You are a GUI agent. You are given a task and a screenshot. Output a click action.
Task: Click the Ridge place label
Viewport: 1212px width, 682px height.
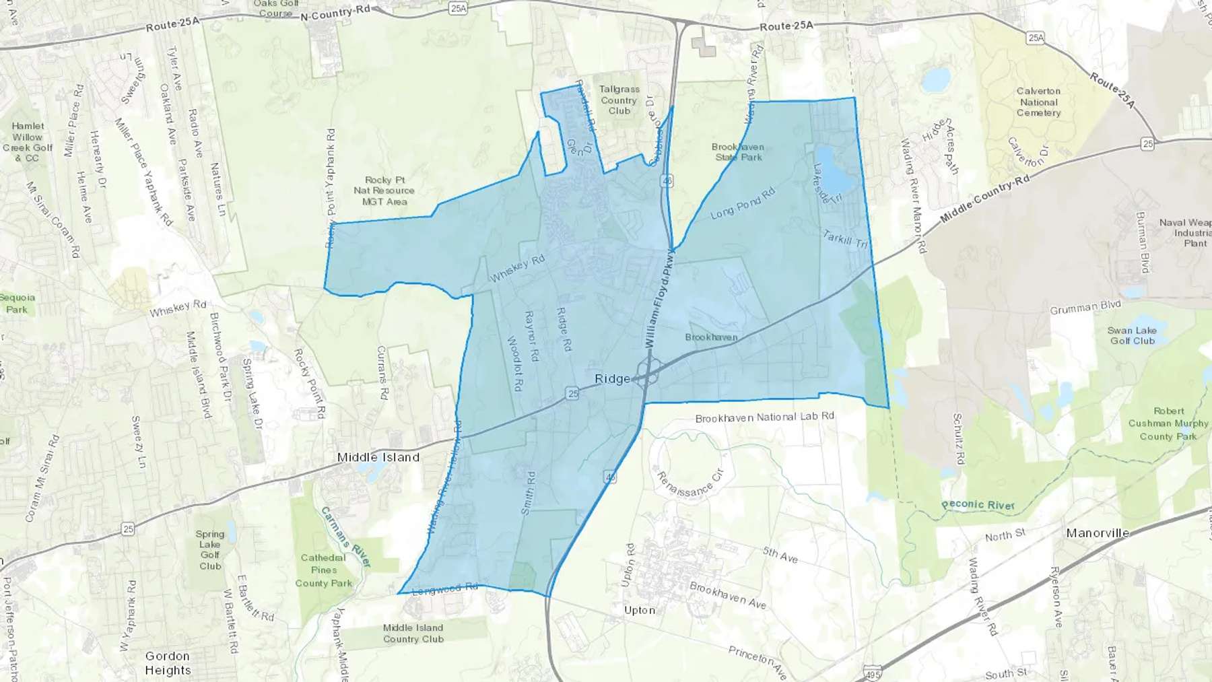coord(613,379)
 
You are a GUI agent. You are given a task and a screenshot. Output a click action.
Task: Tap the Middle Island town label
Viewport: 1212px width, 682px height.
coord(378,457)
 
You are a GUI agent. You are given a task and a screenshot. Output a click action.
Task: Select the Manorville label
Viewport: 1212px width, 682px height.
coord(1098,533)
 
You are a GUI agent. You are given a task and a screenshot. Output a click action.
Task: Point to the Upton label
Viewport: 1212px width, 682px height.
coord(639,610)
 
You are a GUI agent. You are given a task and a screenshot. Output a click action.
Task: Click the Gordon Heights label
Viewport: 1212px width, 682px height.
coord(168,663)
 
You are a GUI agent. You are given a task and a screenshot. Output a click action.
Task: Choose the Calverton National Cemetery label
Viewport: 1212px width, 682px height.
coord(1038,102)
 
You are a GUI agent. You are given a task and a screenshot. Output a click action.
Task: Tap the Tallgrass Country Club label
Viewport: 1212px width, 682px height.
coord(619,100)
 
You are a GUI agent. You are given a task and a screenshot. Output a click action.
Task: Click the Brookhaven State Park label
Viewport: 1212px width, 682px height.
coord(738,151)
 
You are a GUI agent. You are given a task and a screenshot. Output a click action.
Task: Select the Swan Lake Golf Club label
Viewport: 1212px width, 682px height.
coord(1132,335)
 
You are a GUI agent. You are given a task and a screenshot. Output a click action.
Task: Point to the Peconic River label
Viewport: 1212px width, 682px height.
coord(978,504)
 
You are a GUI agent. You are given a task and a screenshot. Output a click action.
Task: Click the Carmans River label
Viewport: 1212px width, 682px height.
coord(345,537)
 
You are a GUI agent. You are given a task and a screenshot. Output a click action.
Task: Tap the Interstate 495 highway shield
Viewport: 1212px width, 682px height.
coord(871,673)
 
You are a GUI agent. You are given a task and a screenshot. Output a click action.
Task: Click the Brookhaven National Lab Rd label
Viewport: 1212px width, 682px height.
coord(764,417)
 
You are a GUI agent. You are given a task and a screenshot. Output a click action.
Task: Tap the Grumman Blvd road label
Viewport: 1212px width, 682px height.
coord(1085,307)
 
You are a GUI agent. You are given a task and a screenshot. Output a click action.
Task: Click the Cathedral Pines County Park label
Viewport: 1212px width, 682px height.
coord(323,570)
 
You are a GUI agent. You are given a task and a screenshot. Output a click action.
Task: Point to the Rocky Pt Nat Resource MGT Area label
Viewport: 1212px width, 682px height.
coord(384,191)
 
